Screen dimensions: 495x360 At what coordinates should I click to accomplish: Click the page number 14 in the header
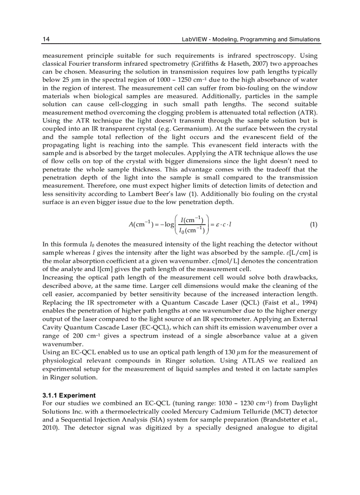click(45, 40)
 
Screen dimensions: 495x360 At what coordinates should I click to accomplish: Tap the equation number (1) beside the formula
click(313, 224)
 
